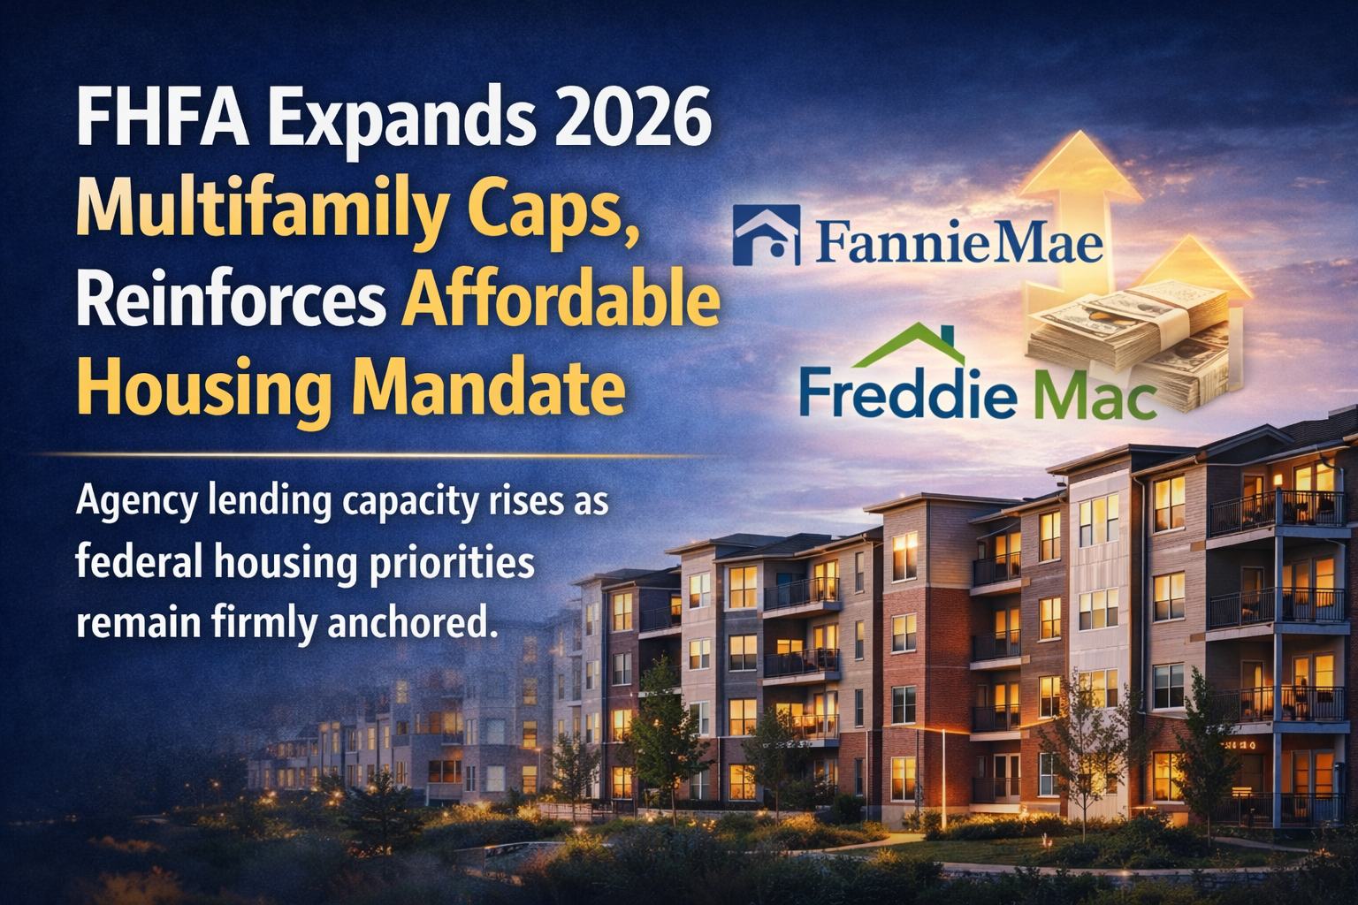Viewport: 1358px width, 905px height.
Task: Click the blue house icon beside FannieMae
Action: coord(766,235)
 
